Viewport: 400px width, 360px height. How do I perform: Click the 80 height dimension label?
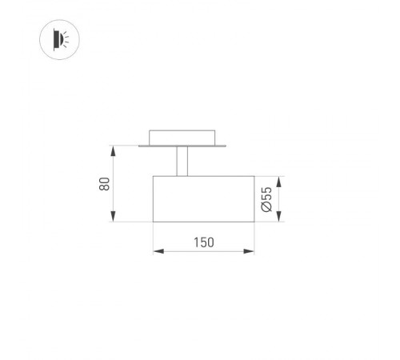click(105, 183)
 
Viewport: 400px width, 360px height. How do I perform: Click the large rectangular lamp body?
click(203, 198)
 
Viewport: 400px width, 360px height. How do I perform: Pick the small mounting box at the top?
click(182, 136)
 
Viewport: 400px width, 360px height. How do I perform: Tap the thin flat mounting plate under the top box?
click(182, 146)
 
